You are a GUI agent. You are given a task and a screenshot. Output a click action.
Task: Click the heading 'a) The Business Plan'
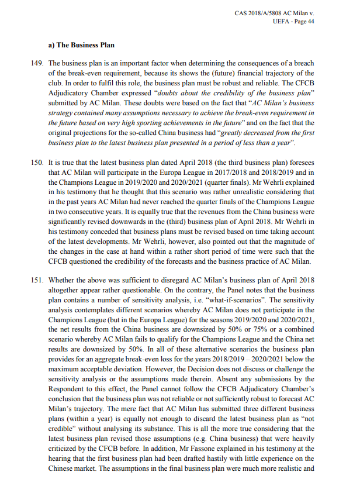pos(82,45)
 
